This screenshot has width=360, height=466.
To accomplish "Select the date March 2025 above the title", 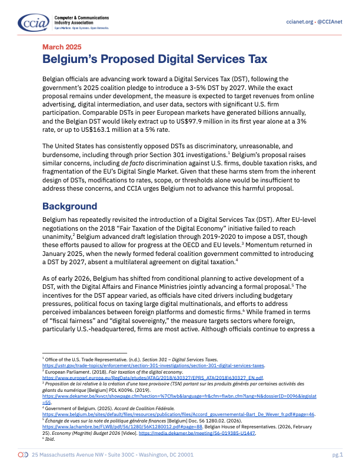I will point(62,47).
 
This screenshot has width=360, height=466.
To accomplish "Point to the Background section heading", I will point(69,207).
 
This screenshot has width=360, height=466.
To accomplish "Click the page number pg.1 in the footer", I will point(337,456).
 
